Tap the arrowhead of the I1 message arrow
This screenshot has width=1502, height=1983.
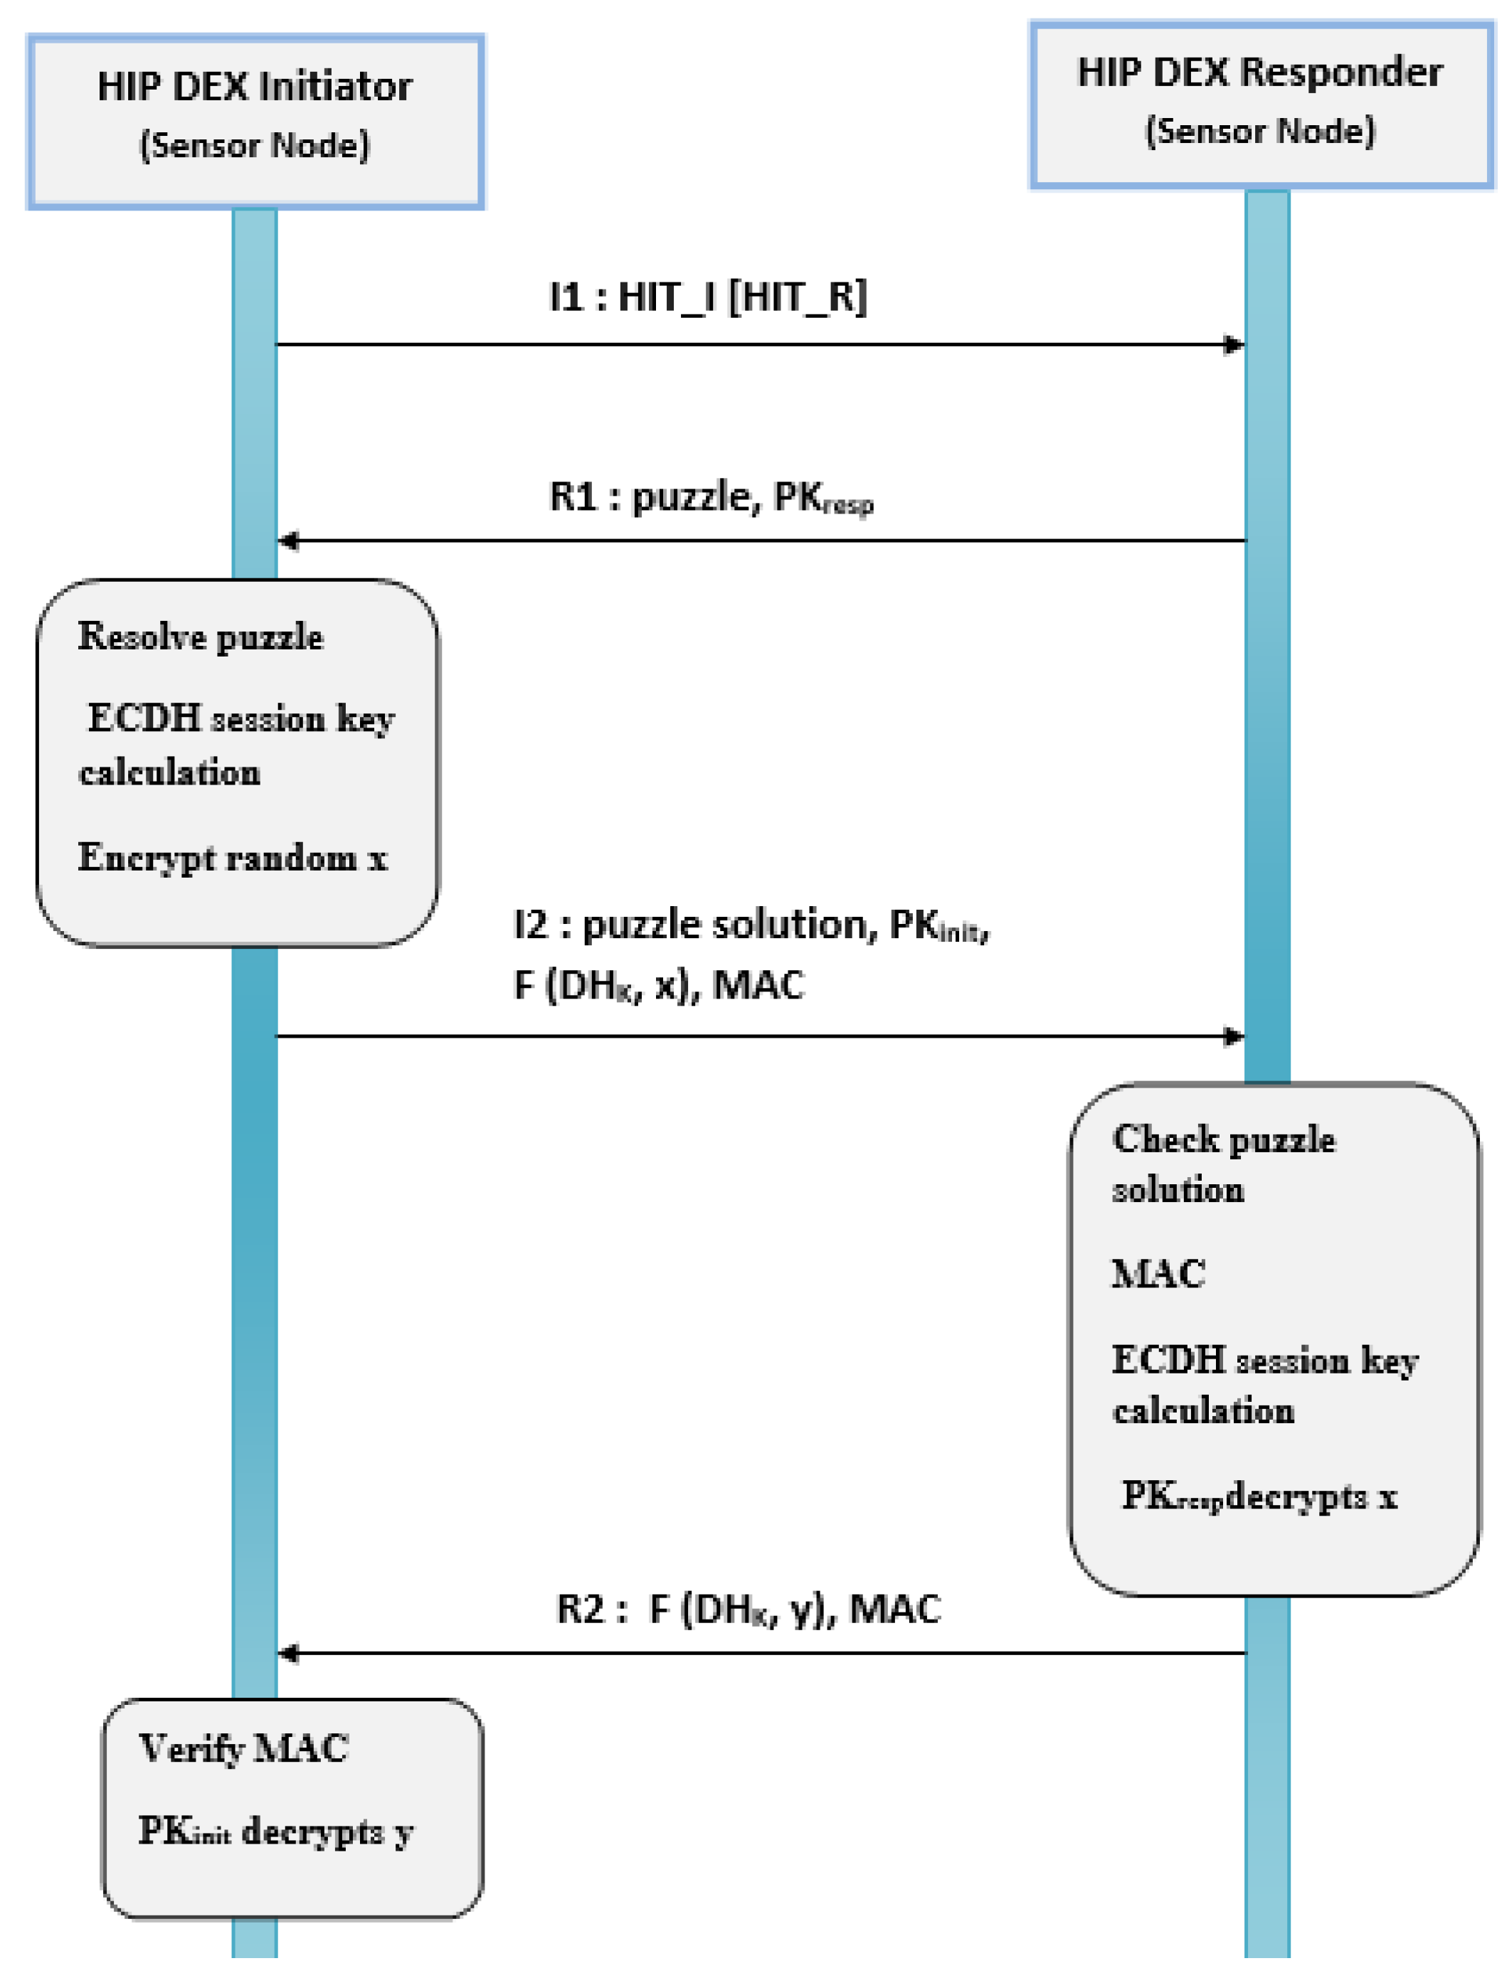1234,344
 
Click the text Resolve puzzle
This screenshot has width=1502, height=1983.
200,637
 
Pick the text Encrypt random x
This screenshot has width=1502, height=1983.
232,858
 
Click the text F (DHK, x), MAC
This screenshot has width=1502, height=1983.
658,985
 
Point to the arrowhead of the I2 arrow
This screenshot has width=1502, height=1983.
1234,1037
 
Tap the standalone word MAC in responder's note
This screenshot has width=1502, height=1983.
1158,1274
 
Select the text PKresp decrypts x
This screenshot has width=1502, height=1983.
1259,1495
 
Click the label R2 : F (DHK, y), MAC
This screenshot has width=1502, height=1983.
748,1609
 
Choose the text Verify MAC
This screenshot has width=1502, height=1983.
243,1748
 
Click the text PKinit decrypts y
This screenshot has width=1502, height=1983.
275,1832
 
